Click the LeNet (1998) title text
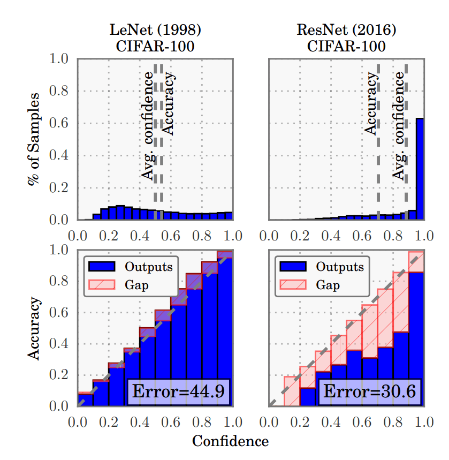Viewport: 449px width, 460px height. click(155, 31)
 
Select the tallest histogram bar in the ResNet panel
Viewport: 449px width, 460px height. click(420, 169)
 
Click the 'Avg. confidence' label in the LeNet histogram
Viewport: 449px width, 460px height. click(147, 126)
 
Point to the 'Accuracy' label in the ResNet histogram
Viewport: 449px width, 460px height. click(370, 104)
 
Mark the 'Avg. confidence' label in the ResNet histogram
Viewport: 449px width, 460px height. click(399, 126)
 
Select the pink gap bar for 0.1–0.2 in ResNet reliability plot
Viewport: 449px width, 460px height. click(291, 391)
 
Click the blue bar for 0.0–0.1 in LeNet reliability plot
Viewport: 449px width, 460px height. click(85, 399)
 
